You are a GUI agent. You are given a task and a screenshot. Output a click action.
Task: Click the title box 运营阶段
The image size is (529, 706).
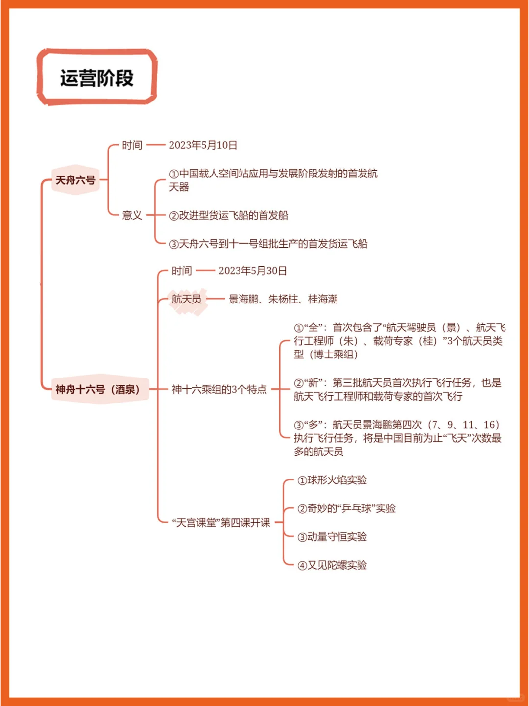pos(96,77)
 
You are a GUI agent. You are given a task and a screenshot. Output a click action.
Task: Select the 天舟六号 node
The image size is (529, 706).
pos(75,180)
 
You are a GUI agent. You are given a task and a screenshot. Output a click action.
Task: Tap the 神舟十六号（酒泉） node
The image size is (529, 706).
pos(100,389)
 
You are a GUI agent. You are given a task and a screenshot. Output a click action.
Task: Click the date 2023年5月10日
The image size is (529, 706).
pos(203,145)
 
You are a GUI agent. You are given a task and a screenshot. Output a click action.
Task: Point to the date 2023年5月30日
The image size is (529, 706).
pos(252,271)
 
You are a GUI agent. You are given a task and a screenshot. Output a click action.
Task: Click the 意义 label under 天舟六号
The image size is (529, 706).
pos(132,215)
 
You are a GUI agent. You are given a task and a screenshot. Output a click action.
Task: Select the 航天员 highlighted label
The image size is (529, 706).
pos(187,299)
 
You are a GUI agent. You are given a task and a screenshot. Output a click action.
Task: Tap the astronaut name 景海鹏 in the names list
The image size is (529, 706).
pos(243,299)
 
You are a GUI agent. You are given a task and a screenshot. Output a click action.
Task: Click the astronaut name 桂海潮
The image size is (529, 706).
pos(322,299)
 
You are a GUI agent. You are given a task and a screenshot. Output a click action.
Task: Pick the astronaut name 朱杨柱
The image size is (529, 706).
pos(283,299)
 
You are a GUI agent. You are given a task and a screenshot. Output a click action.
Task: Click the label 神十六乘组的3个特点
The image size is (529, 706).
pos(219,389)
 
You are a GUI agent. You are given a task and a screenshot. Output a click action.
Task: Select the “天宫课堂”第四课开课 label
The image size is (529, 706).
pos(221,522)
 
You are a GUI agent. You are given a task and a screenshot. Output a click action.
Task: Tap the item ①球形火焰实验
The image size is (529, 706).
pos(332,480)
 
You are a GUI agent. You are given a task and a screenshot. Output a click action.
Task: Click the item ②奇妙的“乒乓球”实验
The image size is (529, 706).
pos(346,508)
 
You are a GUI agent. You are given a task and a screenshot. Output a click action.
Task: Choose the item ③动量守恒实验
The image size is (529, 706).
pos(332,537)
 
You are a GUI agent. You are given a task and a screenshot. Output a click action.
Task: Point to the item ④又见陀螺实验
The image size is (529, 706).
pos(332,565)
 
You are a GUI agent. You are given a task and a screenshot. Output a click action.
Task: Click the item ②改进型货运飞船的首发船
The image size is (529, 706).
pos(228,215)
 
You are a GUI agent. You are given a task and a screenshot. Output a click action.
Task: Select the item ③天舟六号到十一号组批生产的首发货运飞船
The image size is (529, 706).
pos(268,244)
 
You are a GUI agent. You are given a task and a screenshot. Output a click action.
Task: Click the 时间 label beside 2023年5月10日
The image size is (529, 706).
pos(132,145)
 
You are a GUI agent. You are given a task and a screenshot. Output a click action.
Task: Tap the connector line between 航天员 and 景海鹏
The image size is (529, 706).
pos(215,299)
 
